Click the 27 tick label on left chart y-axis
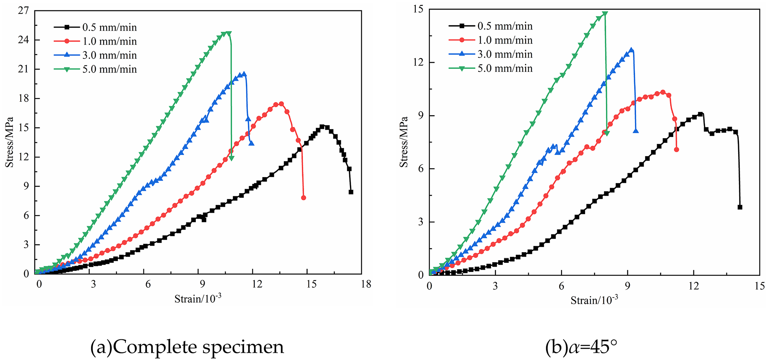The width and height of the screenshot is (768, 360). click(x=23, y=11)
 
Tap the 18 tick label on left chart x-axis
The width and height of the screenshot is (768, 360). click(x=366, y=284)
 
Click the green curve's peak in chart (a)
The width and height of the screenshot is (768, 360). click(x=228, y=33)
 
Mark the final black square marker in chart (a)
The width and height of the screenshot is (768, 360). click(x=351, y=192)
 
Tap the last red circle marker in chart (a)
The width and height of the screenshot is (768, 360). click(x=303, y=198)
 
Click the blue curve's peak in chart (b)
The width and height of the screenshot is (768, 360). click(x=631, y=50)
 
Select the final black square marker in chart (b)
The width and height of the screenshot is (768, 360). click(x=740, y=207)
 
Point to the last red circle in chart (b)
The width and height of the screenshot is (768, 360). click(x=676, y=150)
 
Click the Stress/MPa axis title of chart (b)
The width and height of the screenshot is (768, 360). click(x=404, y=142)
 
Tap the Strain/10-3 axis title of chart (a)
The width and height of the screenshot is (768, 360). click(x=198, y=298)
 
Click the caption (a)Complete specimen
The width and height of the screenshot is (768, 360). click(x=187, y=347)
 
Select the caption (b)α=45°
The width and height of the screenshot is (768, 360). click(x=581, y=347)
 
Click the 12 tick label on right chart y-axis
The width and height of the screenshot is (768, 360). click(x=418, y=62)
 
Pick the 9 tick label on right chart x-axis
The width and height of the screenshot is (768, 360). click(x=627, y=286)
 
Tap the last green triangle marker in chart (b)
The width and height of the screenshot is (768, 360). click(x=607, y=133)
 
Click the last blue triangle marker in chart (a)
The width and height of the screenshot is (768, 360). click(x=251, y=143)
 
